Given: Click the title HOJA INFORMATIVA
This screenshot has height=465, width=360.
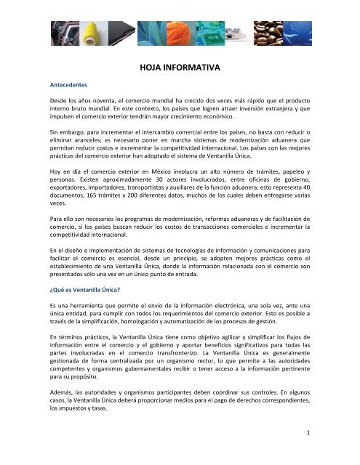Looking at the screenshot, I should click(180, 70).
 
